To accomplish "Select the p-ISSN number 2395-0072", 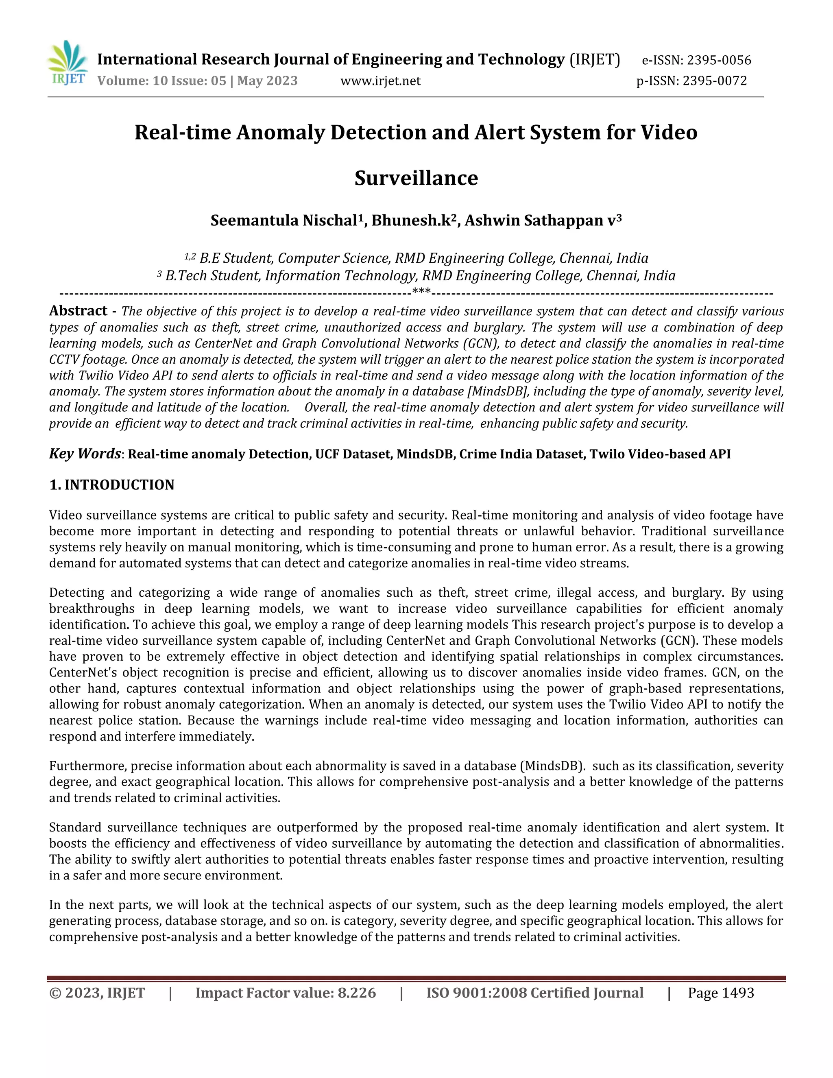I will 715,81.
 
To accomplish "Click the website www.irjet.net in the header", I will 380,81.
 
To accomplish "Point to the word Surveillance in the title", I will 416,178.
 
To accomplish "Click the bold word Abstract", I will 78,311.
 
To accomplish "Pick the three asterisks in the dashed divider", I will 421,292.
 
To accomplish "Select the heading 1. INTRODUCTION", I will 111,485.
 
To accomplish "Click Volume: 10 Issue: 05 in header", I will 161,81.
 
